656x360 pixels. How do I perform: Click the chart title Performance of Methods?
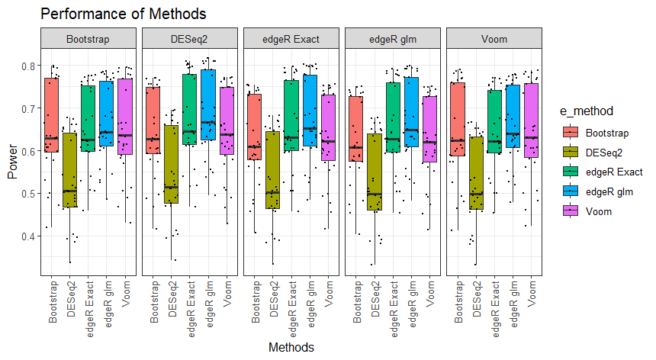pos(123,14)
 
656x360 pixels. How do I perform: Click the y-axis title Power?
pos(12,162)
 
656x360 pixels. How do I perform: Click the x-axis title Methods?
pos(291,347)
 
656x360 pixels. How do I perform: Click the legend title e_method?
pos(587,112)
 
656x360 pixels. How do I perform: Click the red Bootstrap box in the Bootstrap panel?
pos(51,114)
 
